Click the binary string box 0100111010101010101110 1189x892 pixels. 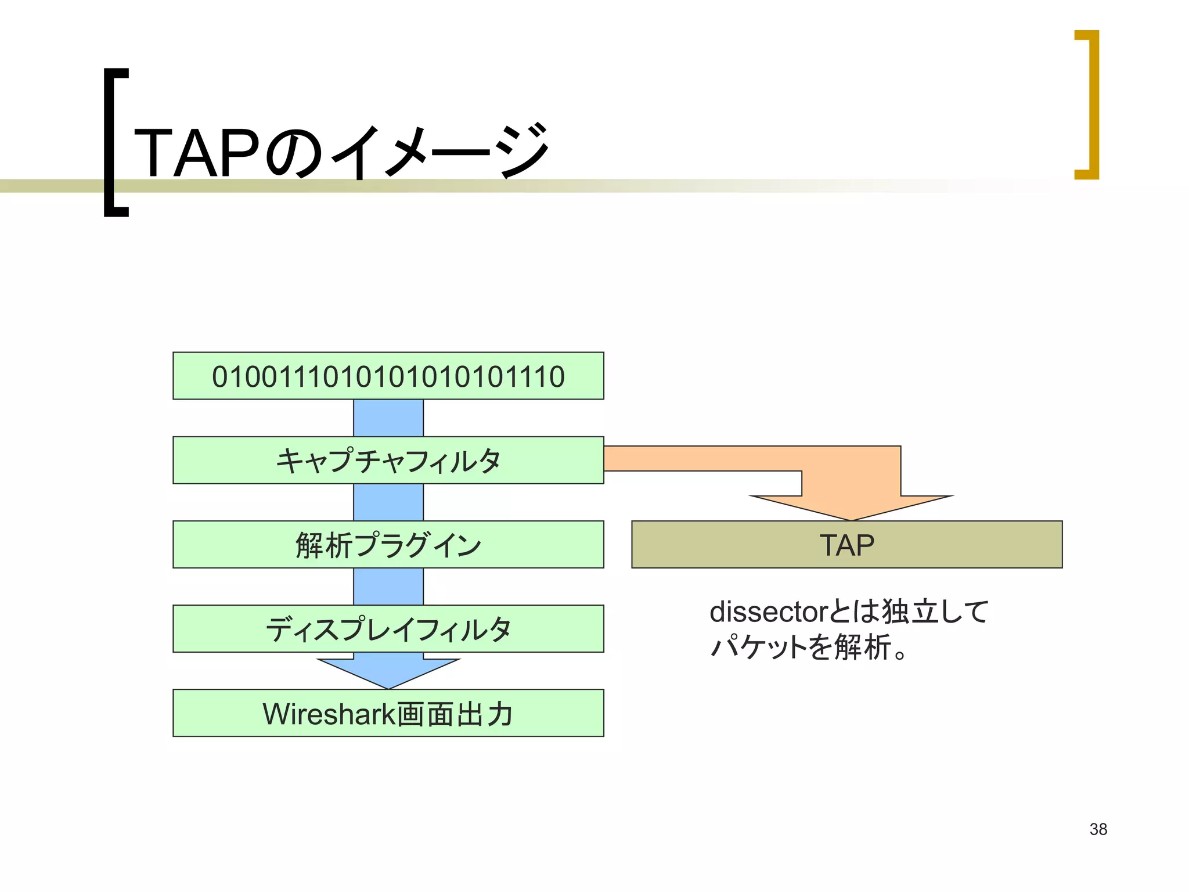[x=388, y=376]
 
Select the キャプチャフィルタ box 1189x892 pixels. [x=388, y=460]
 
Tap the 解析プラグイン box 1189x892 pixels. [x=388, y=544]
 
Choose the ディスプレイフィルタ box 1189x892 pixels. [x=388, y=628]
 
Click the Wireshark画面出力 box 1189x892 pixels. [x=388, y=713]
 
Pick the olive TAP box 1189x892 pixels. [x=846, y=544]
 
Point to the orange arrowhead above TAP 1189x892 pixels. [x=851, y=505]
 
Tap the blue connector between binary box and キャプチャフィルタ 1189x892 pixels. [x=388, y=418]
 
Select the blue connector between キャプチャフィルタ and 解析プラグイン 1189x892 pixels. [x=388, y=502]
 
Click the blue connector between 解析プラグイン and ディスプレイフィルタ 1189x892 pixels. [x=388, y=586]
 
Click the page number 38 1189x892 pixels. [x=1098, y=829]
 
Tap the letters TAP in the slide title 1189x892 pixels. [x=196, y=153]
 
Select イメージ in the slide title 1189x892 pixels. [x=440, y=153]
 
